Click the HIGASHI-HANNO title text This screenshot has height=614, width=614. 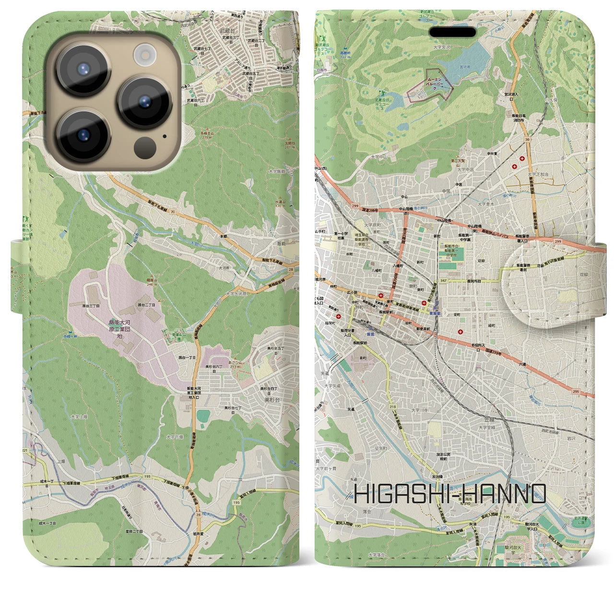pyautogui.click(x=450, y=494)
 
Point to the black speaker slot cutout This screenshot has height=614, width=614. pyautogui.click(x=452, y=32)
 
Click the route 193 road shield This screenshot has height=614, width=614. pyautogui.click(x=147, y=476)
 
